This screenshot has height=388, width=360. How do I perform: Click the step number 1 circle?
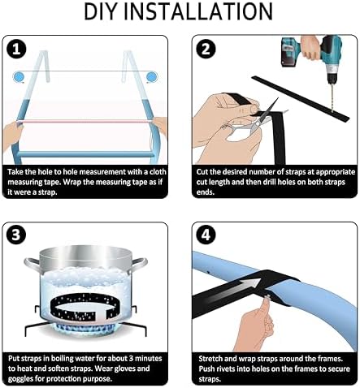coord(16,49)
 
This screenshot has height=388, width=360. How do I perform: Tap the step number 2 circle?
coord(206,49)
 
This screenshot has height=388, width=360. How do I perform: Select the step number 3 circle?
coord(16,235)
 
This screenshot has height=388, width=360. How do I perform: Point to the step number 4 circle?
coord(206,235)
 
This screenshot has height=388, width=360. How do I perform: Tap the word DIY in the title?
coord(102,11)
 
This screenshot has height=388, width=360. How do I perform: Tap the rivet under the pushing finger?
coord(268,297)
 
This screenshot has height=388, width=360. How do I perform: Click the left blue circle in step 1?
coord(19,77)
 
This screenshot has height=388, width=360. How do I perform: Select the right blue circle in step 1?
coord(152,77)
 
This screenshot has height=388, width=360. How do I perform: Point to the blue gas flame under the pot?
coord(86,327)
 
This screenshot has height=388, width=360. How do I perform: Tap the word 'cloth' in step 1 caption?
coord(158,172)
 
